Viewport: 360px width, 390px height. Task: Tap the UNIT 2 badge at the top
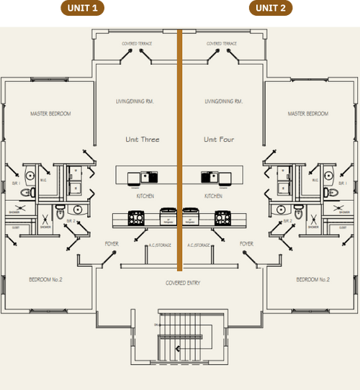coord(272,8)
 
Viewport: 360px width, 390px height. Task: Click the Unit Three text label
coord(142,140)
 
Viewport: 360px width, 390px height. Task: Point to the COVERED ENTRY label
coord(183,283)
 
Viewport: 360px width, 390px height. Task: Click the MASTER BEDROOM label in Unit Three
coord(50,114)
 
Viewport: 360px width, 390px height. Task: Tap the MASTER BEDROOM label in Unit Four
coord(307,114)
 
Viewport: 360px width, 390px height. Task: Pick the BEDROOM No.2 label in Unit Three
coord(45,279)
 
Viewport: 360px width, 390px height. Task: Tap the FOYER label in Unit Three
coord(112,244)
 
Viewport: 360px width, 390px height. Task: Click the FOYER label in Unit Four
coord(247,244)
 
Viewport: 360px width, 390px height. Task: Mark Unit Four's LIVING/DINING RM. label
coord(222,101)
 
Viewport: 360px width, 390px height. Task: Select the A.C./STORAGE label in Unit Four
coord(199,245)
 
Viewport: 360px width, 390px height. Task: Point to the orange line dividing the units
coord(180,144)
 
